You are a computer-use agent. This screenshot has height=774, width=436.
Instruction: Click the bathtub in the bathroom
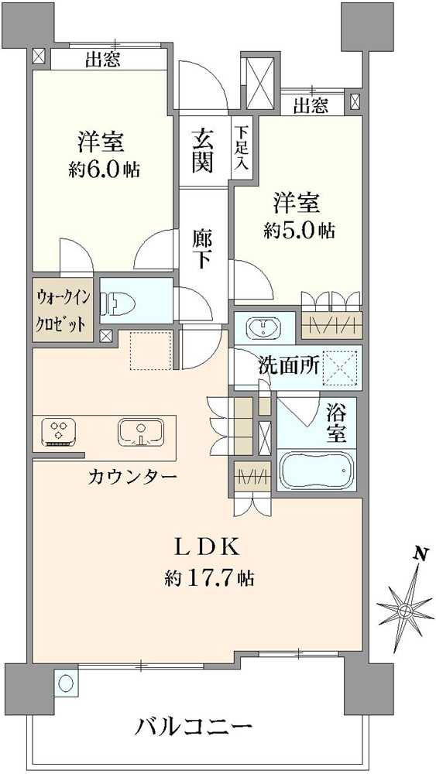pos(316,471)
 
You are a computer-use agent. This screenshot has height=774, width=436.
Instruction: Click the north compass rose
pos(404,609)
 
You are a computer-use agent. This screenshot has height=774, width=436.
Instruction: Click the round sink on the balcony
pos(66,683)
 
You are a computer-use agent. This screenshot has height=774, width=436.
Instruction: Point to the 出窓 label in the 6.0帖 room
pos(102,60)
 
